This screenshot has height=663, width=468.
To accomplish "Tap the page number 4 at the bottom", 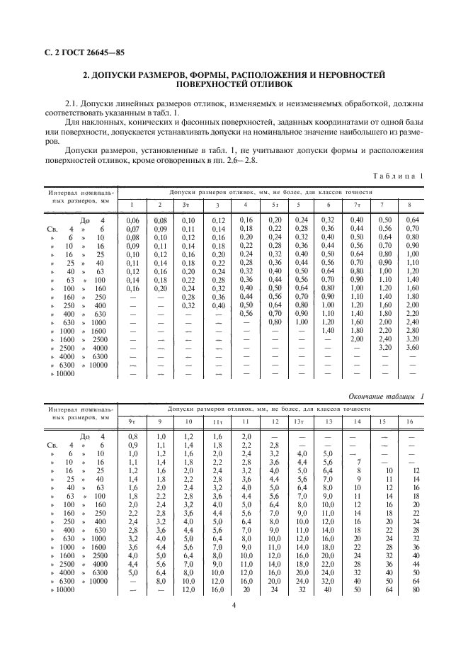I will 234,603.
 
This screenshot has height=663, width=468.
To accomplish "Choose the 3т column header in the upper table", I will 187,205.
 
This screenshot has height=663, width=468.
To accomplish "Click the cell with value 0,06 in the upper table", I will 132,221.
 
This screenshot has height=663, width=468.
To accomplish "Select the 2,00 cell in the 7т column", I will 355,339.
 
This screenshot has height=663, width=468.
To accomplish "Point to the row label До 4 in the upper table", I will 92,221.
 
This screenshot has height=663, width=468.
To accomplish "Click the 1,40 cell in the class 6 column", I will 328,331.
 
